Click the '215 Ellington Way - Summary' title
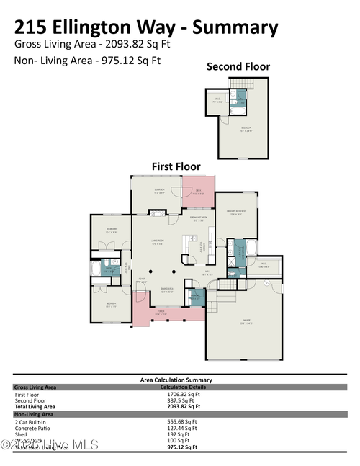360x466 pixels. click(145, 27)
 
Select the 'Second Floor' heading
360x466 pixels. click(238, 67)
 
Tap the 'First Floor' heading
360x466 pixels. click(176, 166)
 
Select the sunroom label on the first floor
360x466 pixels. click(159, 191)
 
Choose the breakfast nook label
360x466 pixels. click(199, 220)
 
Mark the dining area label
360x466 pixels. click(166, 291)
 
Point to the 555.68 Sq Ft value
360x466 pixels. click(181, 421)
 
